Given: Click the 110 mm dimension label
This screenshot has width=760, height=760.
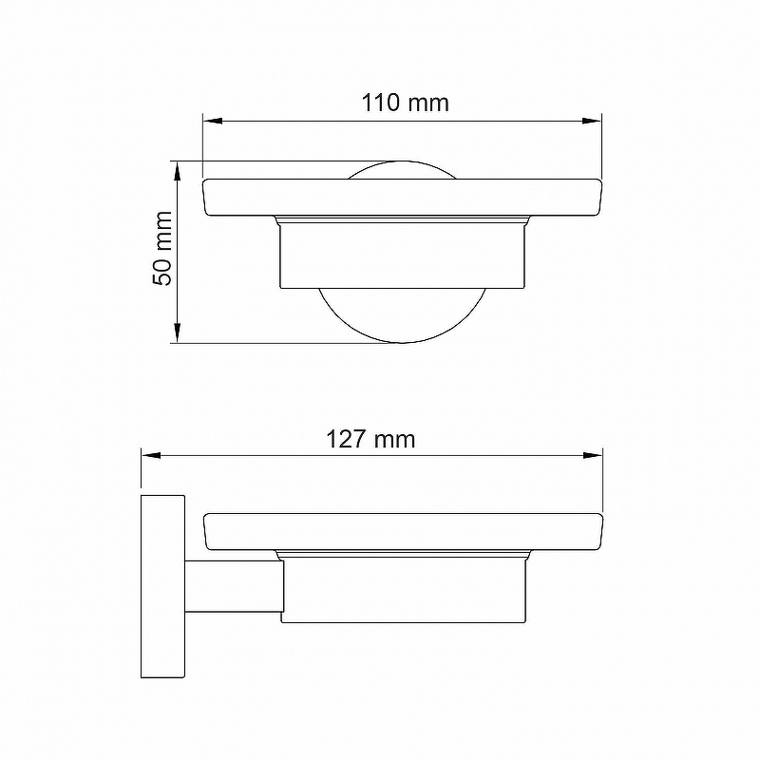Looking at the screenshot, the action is (x=406, y=103).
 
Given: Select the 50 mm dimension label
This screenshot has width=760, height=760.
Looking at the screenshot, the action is (x=162, y=248).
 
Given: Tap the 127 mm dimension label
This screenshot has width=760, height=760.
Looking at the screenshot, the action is (x=370, y=439).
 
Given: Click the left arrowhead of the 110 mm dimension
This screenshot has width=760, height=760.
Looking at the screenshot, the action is (x=212, y=121).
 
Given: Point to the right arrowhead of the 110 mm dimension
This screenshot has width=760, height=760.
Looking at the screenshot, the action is (x=592, y=121).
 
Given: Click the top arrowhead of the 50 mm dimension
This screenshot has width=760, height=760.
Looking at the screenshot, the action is (x=178, y=171).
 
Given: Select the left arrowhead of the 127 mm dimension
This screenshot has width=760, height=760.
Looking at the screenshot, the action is (x=151, y=456).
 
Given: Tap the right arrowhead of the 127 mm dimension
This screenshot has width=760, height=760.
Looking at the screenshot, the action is (x=593, y=456).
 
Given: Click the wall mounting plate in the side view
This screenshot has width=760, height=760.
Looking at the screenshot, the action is (x=162, y=586).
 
